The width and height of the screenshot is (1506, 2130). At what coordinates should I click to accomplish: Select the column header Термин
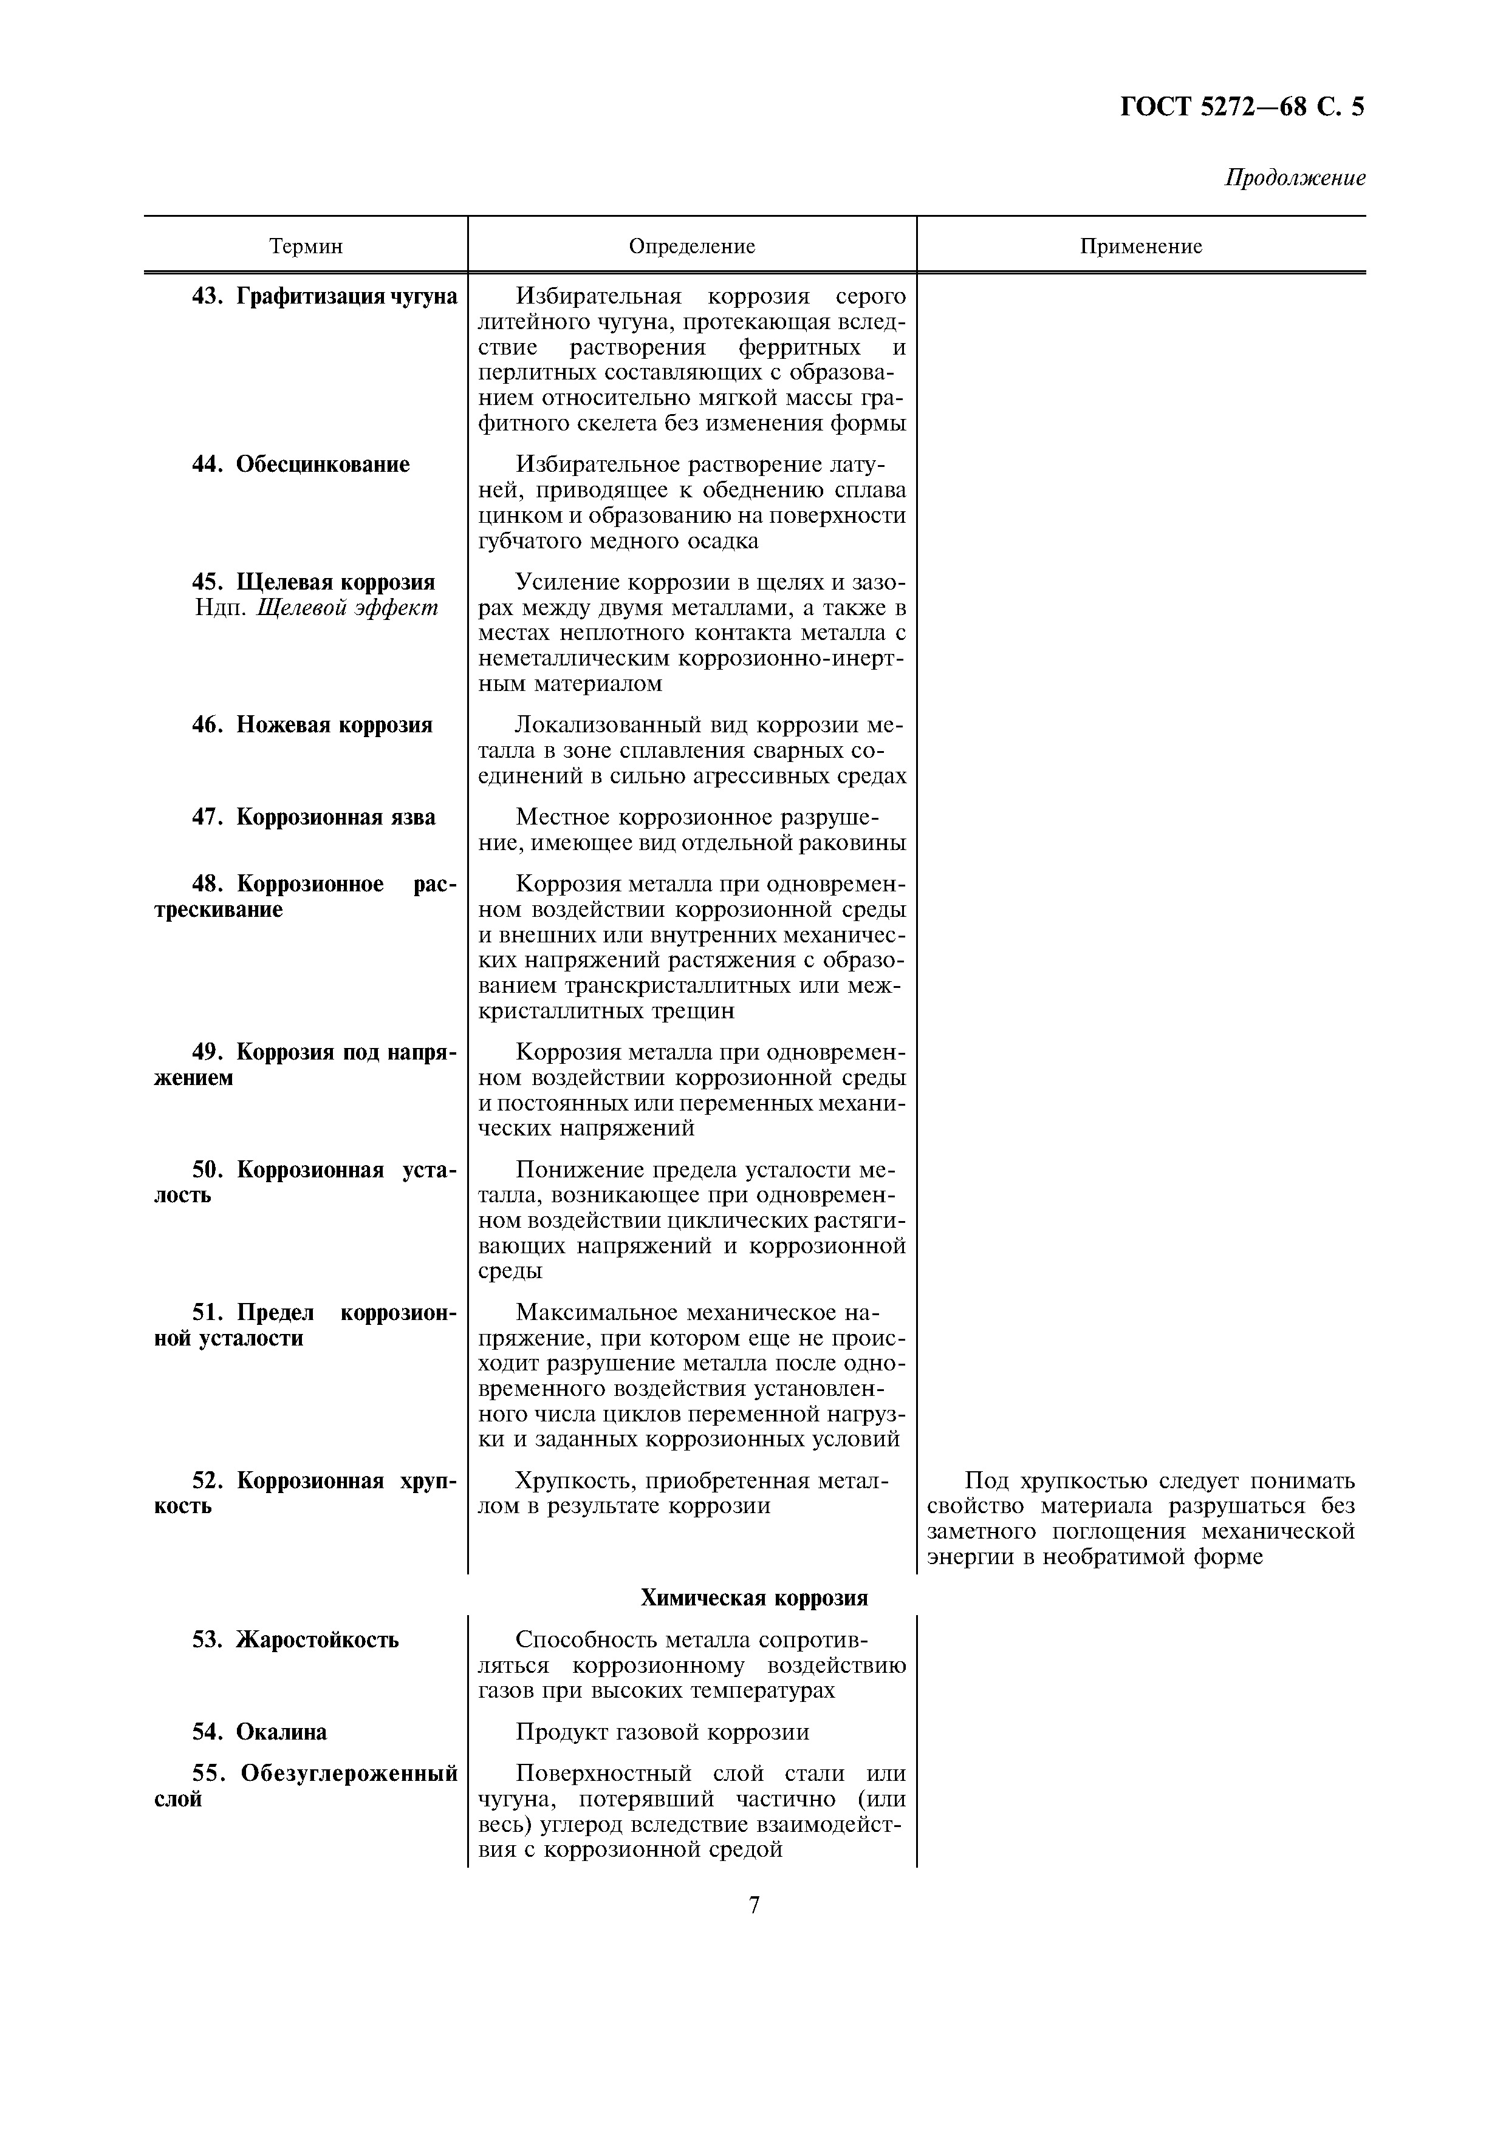coord(306,246)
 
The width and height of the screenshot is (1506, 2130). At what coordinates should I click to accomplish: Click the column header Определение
coord(691,246)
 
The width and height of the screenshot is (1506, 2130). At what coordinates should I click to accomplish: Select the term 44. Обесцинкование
coord(301,464)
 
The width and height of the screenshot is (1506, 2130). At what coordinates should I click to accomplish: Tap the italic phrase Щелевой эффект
coord(346,608)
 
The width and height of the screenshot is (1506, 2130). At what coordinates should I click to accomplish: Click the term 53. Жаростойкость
coord(295,1639)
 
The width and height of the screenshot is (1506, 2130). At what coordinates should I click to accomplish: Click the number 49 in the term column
coord(204,1052)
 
